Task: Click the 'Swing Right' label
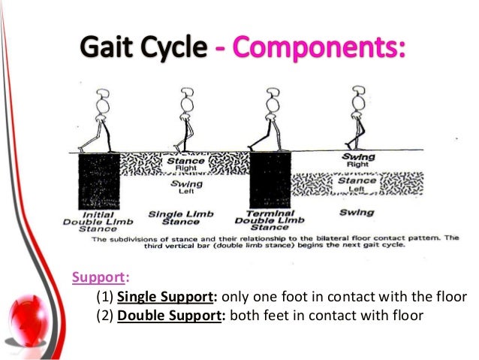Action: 357,161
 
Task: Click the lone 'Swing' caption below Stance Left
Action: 356,213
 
